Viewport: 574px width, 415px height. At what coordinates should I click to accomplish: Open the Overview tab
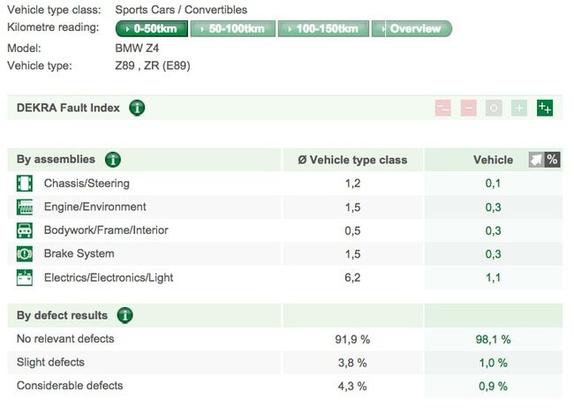(412, 29)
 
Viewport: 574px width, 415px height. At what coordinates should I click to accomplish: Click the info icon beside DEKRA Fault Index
(137, 109)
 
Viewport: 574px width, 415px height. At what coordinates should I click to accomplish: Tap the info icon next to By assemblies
(113, 160)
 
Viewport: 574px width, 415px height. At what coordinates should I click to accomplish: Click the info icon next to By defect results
(125, 315)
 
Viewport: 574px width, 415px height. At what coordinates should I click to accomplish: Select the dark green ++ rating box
(545, 109)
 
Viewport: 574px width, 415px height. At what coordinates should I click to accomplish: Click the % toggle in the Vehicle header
(553, 160)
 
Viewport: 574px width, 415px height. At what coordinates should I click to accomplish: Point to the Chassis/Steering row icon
(25, 184)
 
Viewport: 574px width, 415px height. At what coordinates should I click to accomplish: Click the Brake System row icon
(25, 254)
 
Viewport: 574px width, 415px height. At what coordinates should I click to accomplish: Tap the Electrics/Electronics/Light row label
(109, 277)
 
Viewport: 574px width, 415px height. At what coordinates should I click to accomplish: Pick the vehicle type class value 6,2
(352, 277)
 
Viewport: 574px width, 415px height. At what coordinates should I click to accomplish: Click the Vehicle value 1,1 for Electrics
(493, 277)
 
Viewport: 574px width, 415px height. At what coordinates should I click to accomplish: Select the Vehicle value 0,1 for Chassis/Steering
(493, 184)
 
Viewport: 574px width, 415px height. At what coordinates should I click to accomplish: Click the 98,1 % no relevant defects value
(493, 339)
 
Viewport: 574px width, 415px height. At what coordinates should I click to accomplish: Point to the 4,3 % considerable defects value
(352, 386)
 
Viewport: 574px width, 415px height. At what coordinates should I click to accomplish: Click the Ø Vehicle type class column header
(352, 160)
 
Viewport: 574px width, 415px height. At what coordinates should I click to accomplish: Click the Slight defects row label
(50, 362)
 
